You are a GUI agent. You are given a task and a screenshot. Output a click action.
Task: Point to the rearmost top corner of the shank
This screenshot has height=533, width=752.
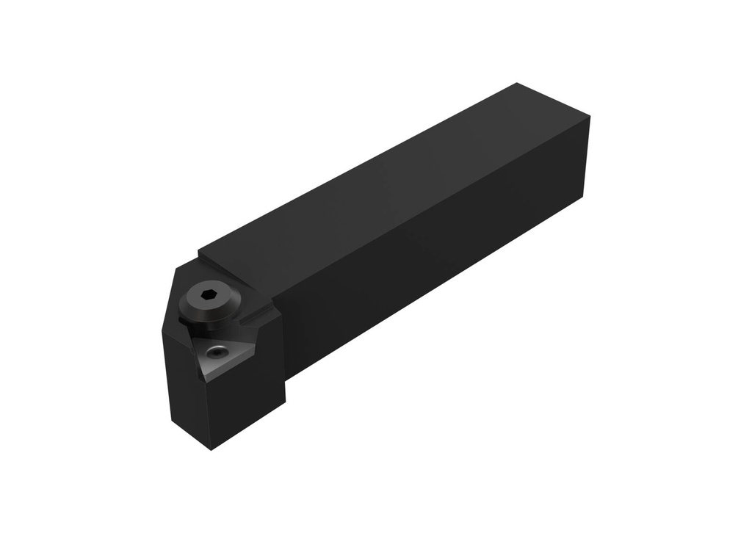(517, 83)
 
